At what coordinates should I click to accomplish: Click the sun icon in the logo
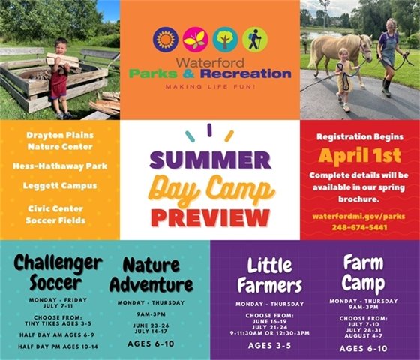pos(165,39)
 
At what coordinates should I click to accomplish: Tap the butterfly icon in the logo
pos(195,39)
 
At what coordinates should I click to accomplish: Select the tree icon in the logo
pos(225,39)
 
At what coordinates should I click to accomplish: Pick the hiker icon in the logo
pos(254,39)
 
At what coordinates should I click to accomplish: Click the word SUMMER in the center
pos(209,160)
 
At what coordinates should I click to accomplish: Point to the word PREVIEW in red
pos(209,216)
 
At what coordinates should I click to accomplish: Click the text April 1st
pos(359,156)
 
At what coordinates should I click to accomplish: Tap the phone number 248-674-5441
pos(359,227)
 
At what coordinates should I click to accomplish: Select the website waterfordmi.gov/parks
pos(359,216)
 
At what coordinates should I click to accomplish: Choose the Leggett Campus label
pos(59,185)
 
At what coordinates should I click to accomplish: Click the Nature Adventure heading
pos(151,275)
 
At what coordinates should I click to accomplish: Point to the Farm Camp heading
pos(364,271)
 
